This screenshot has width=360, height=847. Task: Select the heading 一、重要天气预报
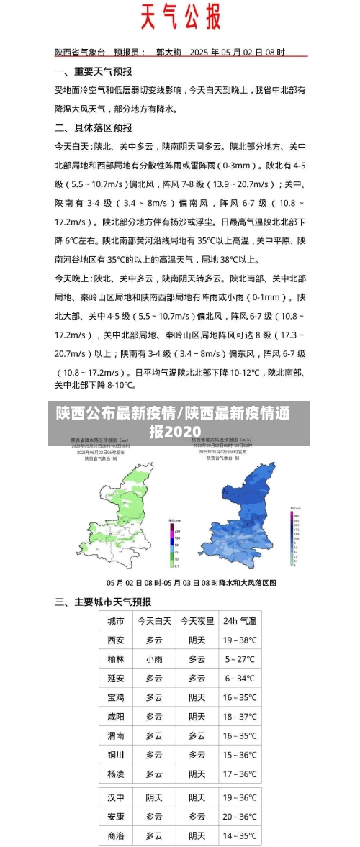(x=93, y=72)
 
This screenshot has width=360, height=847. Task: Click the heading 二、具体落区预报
(x=93, y=128)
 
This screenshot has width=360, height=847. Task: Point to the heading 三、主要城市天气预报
(x=103, y=602)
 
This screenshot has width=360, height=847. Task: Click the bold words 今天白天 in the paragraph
(x=73, y=147)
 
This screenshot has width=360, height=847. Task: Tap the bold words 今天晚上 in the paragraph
(x=73, y=278)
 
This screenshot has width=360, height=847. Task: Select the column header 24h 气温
(x=239, y=621)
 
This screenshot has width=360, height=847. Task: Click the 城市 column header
(x=115, y=621)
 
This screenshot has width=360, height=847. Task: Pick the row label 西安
(x=115, y=640)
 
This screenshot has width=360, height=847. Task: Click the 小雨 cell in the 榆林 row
(x=153, y=659)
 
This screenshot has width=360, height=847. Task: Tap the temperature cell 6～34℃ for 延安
(x=239, y=679)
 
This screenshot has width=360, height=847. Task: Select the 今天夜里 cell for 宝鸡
(x=197, y=698)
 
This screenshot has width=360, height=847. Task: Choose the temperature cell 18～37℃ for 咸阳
(x=239, y=717)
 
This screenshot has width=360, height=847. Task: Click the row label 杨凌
(x=115, y=774)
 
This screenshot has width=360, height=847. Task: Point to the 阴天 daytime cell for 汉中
(x=153, y=798)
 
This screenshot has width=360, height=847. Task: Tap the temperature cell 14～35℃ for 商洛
(x=239, y=836)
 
